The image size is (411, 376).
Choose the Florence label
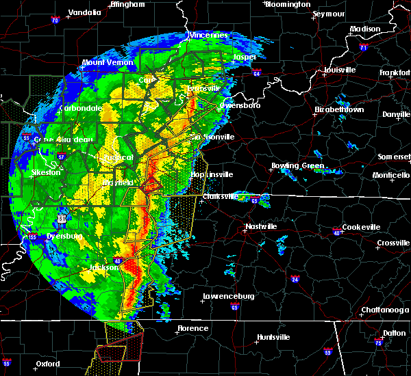point(192,328)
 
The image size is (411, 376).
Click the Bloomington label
point(288,4)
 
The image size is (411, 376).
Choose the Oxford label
point(48,363)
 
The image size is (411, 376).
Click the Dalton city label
point(393,332)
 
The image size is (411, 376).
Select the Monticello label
point(392,176)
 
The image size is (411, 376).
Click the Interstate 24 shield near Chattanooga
point(295,279)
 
